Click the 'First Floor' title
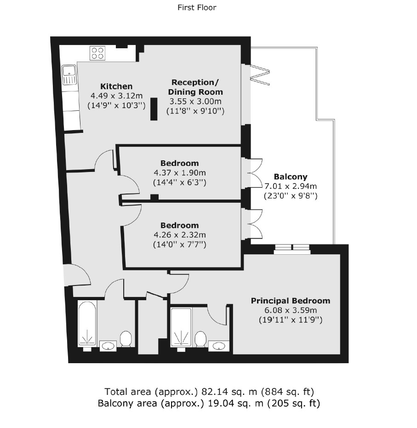pos(197,7)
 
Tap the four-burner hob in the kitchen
pos(97,52)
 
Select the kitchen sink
pos(69,75)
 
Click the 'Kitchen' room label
pos(116,86)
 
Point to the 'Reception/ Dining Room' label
pos(195,87)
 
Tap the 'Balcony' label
pos(290,177)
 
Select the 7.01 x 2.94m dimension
pos(291,186)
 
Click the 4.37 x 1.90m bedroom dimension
pos(179,173)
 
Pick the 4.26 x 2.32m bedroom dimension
pos(179,235)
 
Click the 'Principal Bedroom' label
pos(290,301)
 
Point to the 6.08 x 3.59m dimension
pos(290,310)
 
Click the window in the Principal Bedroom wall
pos(292,249)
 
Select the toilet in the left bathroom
pos(126,339)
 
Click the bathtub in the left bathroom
pos(87,324)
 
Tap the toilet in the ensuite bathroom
pos(200,339)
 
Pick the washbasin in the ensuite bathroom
pos(219,345)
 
